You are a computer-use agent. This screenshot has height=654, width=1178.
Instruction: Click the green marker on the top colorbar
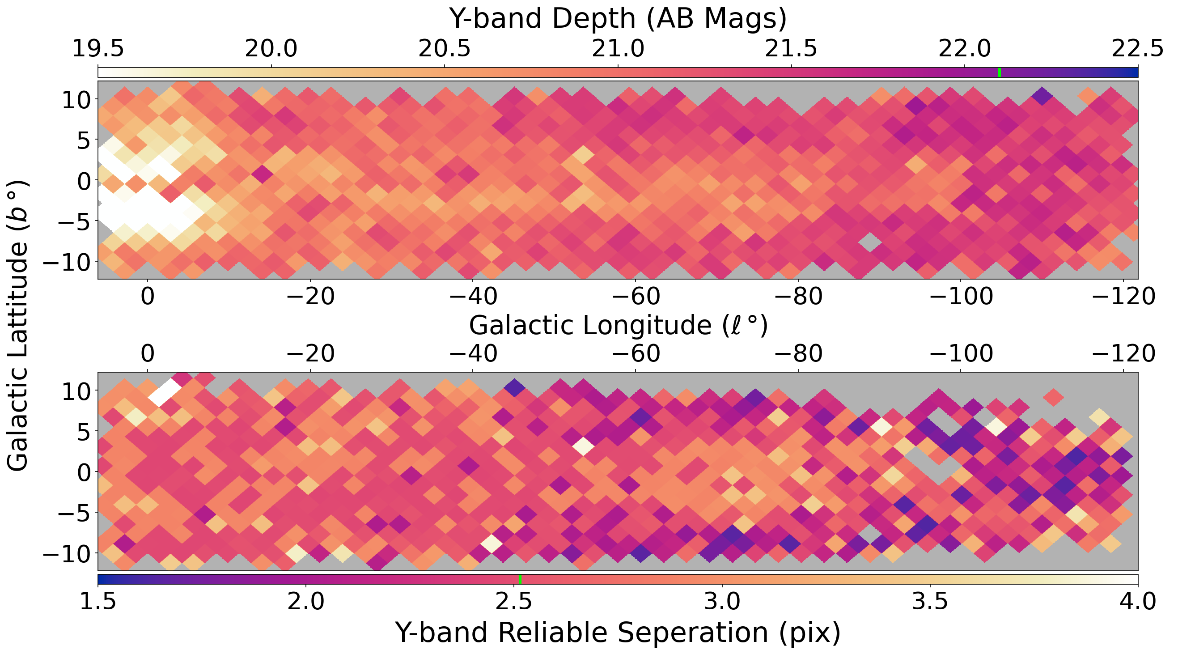tap(999, 72)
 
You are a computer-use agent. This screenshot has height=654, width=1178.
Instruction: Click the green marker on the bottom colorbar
tap(520, 579)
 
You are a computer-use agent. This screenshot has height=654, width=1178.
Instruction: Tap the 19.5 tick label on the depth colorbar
tap(98, 48)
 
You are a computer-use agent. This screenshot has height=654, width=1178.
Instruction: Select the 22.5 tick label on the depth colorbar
tap(1137, 48)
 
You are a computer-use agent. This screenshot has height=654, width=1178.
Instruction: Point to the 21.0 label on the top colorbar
tap(618, 48)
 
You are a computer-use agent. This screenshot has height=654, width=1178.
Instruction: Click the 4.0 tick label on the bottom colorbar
tap(1137, 602)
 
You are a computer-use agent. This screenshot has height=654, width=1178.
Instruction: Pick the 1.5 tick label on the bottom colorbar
tap(98, 602)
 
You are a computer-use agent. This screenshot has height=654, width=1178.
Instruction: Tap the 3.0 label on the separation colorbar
tap(722, 602)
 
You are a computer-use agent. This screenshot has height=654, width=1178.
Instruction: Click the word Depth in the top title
tap(593, 19)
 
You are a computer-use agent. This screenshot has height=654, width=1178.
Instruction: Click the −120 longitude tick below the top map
tap(1123, 297)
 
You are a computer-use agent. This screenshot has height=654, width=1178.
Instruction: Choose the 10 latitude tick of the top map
tap(78, 100)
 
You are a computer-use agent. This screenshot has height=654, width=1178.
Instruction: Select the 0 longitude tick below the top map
tap(147, 297)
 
